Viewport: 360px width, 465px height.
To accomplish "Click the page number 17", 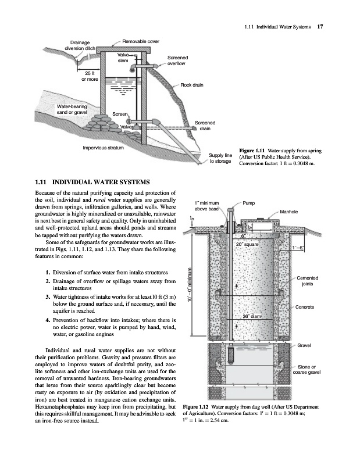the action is click(x=320, y=27).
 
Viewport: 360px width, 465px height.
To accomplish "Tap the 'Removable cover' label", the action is click(x=140, y=41).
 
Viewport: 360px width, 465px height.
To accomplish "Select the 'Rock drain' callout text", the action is click(x=192, y=85).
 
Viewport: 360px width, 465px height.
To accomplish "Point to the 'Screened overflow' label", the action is click(x=177, y=60).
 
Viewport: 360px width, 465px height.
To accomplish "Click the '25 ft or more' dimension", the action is click(x=90, y=76).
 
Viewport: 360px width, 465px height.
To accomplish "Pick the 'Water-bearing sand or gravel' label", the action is click(x=72, y=109).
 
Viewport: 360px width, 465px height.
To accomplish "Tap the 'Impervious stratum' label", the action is click(x=103, y=148).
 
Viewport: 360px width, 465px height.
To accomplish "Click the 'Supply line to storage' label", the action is click(x=220, y=158).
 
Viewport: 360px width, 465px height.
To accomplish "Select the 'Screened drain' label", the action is click(x=205, y=126).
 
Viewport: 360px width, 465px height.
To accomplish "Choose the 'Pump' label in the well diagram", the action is click(x=249, y=203).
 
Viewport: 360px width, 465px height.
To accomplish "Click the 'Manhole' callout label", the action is click(x=288, y=212).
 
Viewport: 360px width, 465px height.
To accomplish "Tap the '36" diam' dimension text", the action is click(x=252, y=316).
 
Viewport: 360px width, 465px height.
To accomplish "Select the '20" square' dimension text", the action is click(x=247, y=244).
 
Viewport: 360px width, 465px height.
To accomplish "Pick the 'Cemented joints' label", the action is click(x=308, y=281).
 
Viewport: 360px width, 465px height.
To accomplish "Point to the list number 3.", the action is click(x=48, y=297).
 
